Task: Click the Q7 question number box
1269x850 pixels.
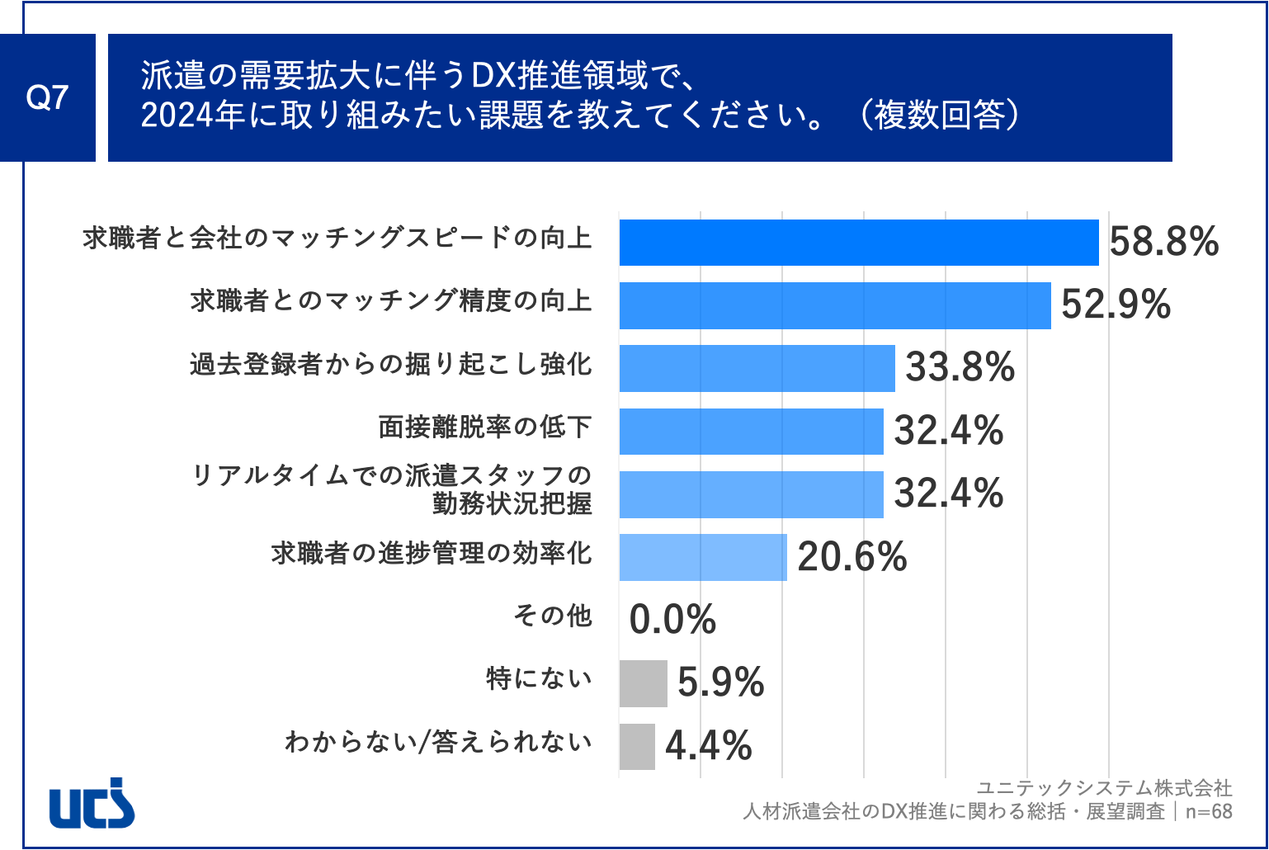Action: coord(47,97)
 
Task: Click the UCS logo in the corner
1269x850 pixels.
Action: coord(92,802)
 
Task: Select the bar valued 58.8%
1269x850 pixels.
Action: coord(858,243)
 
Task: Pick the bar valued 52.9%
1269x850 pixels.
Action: coord(834,305)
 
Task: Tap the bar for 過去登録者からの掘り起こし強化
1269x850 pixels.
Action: coord(757,368)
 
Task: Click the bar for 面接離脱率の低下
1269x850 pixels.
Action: coord(751,431)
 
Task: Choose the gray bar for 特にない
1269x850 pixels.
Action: coord(643,683)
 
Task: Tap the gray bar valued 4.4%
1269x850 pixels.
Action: coord(637,746)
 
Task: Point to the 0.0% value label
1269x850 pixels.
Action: coord(672,620)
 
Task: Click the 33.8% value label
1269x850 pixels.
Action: coord(960,368)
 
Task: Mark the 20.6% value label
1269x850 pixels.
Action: coord(852,557)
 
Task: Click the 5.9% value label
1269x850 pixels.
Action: coord(720,683)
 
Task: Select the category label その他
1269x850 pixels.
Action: coord(552,616)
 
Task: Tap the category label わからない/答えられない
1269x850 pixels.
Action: coord(438,742)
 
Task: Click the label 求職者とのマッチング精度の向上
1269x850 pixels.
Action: coord(391,301)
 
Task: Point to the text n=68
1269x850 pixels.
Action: coord(1209,811)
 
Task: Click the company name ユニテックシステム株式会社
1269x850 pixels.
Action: coord(1104,787)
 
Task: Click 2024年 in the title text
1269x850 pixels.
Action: coord(193,116)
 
